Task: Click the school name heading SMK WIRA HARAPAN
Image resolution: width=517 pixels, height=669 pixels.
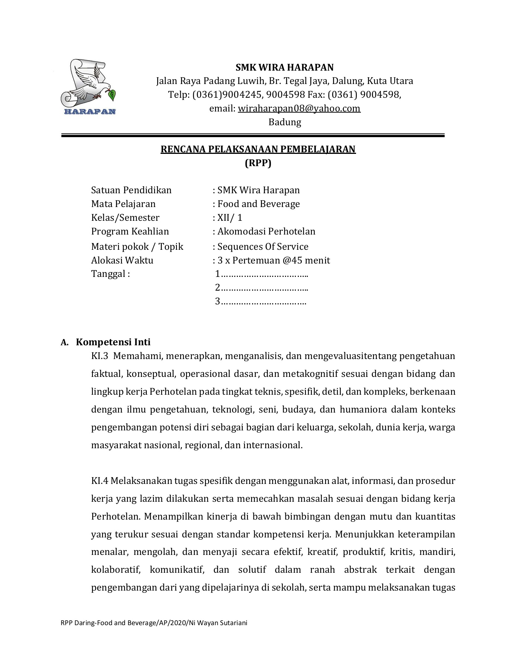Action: coord(284,67)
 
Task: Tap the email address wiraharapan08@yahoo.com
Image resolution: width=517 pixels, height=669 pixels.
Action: coord(299,108)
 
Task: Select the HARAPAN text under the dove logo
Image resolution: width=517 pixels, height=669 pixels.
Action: coord(90,111)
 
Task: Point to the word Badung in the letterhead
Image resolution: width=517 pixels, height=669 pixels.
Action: coord(285,122)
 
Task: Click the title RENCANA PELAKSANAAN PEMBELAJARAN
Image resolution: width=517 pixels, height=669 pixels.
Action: coord(258,149)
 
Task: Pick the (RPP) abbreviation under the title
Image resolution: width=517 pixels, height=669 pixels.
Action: coord(258,163)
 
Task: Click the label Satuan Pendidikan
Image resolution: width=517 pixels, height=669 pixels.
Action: coord(131,190)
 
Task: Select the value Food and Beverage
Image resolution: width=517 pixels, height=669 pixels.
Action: coord(258,204)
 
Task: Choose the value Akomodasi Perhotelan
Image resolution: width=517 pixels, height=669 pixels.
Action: coord(266,231)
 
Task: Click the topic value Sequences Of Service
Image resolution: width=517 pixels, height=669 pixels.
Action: coord(263,246)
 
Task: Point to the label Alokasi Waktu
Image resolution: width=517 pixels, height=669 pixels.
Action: coord(122,260)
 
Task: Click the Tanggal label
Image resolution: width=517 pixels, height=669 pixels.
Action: coord(110,274)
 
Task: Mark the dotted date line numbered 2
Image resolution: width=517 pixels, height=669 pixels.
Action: coord(262,288)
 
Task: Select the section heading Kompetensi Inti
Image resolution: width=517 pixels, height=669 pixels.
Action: coord(113,342)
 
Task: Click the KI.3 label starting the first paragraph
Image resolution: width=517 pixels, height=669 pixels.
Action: coord(99,356)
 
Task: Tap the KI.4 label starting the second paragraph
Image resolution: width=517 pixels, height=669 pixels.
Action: coord(99,481)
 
